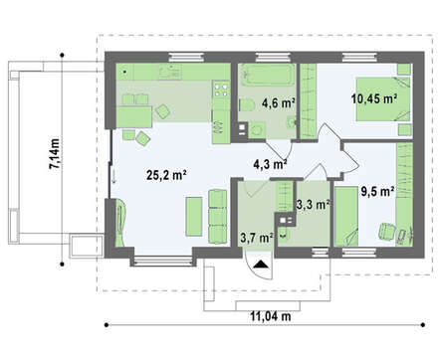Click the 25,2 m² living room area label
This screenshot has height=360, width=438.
[x=166, y=175]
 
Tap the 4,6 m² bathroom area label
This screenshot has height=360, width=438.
[x=279, y=103]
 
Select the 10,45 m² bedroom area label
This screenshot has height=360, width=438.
[x=374, y=98]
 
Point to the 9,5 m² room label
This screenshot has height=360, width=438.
[x=377, y=191]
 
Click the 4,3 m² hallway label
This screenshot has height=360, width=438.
[x=270, y=163]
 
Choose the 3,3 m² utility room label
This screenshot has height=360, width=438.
[x=313, y=205]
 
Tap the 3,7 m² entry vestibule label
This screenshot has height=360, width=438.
[x=257, y=238]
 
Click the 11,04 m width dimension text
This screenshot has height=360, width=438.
[x=271, y=316]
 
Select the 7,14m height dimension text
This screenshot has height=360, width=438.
[x=55, y=153]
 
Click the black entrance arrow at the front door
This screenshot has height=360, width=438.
[x=261, y=265]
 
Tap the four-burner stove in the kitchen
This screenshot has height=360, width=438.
[x=221, y=90]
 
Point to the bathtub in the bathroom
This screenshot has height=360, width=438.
[x=268, y=75]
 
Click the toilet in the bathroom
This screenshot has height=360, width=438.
[x=246, y=105]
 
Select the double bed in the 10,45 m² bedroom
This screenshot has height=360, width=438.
[x=383, y=99]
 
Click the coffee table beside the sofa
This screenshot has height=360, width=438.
[x=194, y=217]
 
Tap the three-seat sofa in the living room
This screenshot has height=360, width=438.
[x=218, y=217]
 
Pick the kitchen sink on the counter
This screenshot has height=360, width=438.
[x=169, y=72]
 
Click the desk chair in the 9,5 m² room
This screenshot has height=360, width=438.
[x=386, y=231]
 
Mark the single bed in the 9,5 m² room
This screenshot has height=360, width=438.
[x=346, y=217]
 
